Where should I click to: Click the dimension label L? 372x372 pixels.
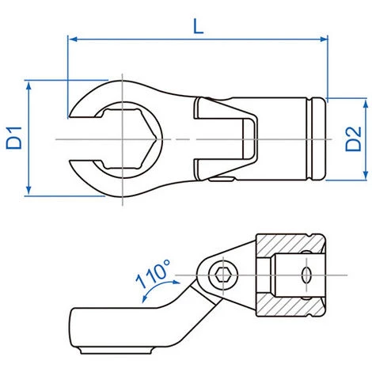coord(199,27)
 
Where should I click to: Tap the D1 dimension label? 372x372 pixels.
coord(14,138)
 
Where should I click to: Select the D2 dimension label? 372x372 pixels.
coord(353,139)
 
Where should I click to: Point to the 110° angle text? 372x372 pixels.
coord(153,274)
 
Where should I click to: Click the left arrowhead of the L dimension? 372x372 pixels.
coord(73,40)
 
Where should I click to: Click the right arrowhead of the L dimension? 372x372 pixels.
coord(324,40)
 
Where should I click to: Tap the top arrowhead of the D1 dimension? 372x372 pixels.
coord(28,85)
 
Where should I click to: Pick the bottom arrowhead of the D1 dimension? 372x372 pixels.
coord(28,191)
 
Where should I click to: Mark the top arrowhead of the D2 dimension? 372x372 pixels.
coord(366,104)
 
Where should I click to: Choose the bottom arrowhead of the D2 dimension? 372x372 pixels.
coord(366,175)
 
